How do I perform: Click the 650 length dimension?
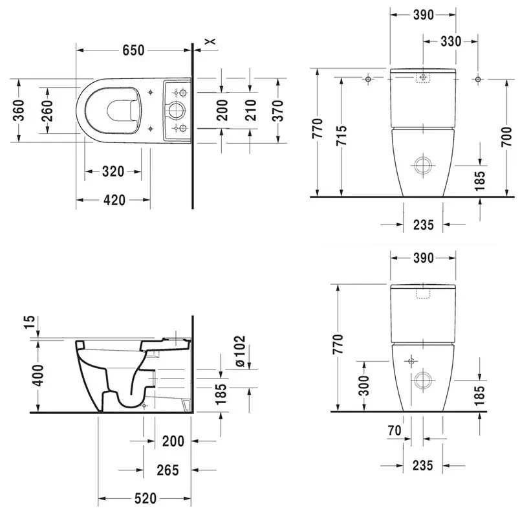(x=133, y=50)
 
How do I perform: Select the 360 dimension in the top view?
(x=19, y=110)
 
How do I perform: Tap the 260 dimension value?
(x=48, y=111)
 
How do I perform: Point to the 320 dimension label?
(x=113, y=171)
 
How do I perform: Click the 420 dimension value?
(x=114, y=200)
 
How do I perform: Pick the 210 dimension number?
(x=251, y=110)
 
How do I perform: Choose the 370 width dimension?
(x=278, y=110)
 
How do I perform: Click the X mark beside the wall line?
(x=210, y=41)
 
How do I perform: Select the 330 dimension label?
(x=451, y=41)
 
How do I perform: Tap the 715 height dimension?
(x=341, y=135)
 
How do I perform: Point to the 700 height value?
(x=506, y=137)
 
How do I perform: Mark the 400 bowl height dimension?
(x=38, y=375)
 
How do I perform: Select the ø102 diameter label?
(x=240, y=351)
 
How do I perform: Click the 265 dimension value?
(x=168, y=470)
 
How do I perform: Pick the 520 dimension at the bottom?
(x=146, y=498)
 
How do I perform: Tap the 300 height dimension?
(x=363, y=386)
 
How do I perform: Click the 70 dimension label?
(x=395, y=431)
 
